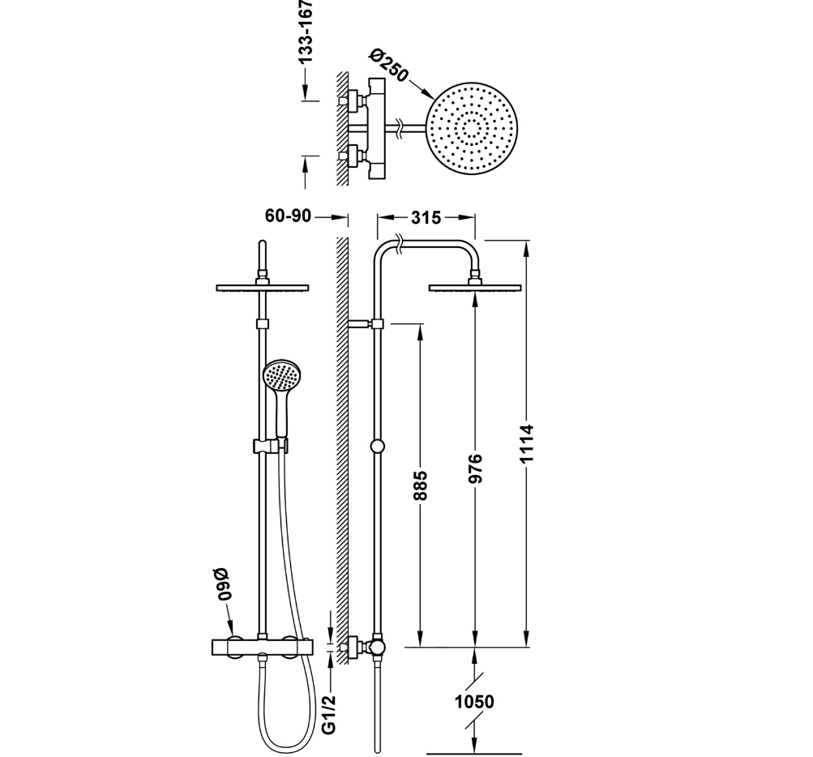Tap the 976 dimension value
click(x=476, y=468)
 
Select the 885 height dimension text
click(x=421, y=485)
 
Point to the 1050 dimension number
click(x=474, y=702)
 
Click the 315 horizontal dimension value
click(x=426, y=217)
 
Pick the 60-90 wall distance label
click(x=288, y=216)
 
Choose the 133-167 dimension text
click(x=306, y=32)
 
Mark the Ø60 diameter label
click(x=225, y=583)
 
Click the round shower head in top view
click(x=472, y=128)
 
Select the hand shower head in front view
click(x=281, y=376)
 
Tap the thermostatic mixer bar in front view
click(x=261, y=646)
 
